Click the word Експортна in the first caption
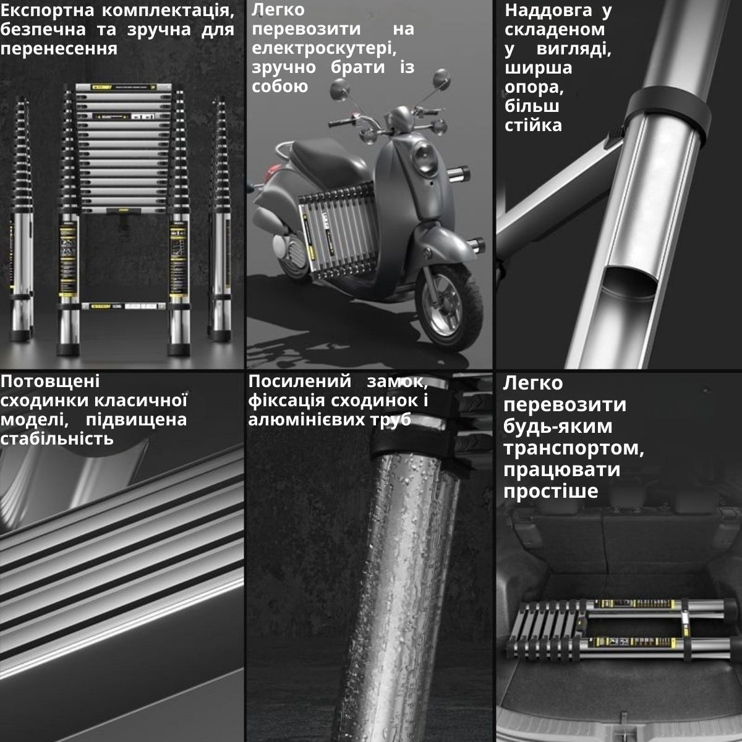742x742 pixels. [x=47, y=11]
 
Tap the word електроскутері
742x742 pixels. [x=324, y=49]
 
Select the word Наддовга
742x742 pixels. [x=548, y=11]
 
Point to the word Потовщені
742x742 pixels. [x=50, y=382]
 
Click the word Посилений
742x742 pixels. [x=299, y=382]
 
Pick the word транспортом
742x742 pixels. [x=574, y=448]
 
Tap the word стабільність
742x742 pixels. [x=57, y=438]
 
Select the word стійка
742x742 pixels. [x=533, y=126]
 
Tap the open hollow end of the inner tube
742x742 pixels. [x=629, y=283]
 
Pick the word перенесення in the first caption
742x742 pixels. [x=59, y=49]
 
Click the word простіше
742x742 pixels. [x=551, y=492]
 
